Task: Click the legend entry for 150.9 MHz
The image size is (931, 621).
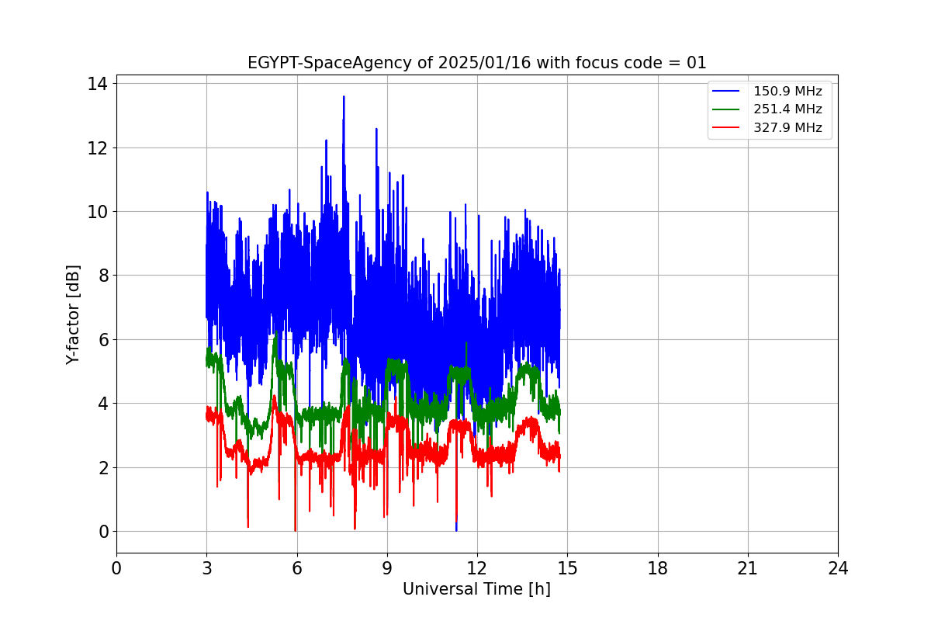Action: (787, 92)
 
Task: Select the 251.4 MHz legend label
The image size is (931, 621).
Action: (787, 109)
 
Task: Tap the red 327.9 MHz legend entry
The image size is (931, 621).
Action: (787, 128)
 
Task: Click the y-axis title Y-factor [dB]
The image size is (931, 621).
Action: (73, 314)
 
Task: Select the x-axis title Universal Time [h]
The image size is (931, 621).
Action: (476, 589)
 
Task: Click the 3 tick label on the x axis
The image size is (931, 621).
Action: (206, 569)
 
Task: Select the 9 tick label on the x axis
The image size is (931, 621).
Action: (386, 569)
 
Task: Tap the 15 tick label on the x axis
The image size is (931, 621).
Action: (567, 569)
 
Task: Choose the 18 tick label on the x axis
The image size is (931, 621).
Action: (657, 569)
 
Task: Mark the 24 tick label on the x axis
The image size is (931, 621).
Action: (838, 569)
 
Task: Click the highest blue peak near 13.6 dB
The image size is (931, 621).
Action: (344, 97)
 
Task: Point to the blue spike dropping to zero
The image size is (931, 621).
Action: (456, 529)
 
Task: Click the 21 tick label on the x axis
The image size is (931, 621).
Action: (748, 569)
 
